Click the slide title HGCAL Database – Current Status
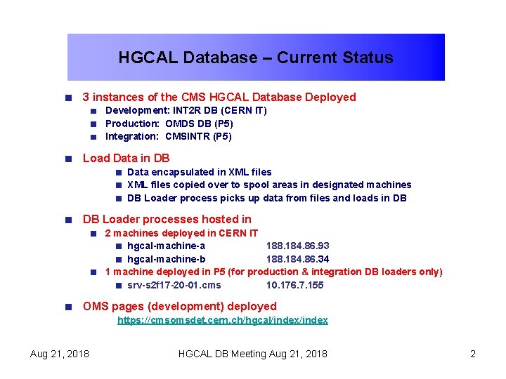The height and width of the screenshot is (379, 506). tap(255, 58)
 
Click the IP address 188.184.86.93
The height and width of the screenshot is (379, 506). tap(297, 246)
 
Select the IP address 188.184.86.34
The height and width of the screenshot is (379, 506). tap(297, 259)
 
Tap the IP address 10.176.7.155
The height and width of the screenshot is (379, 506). tap(294, 285)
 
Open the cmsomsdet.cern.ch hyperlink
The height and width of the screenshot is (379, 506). tap(222, 320)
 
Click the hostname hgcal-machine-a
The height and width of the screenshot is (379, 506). tap(166, 246)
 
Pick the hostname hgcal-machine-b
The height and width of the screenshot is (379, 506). tap(166, 259)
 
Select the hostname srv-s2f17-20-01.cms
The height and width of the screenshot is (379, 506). tap(174, 285)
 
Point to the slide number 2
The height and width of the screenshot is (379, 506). tap(473, 354)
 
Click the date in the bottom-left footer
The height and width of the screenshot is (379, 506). tap(60, 354)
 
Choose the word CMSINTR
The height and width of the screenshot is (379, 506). tap(188, 136)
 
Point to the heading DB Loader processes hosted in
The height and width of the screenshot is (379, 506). tap(167, 219)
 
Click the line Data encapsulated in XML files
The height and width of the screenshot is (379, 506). tap(199, 172)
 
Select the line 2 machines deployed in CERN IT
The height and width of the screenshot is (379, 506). tap(181, 233)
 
